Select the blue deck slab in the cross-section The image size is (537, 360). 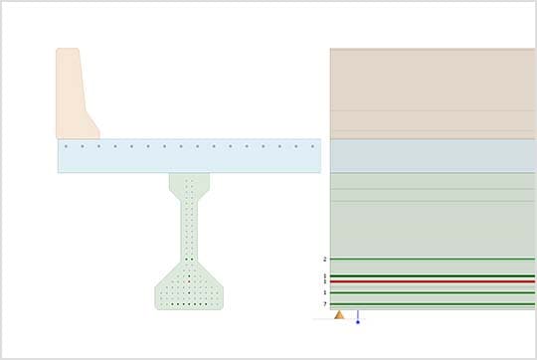[189, 159]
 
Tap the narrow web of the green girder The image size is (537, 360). [189, 229]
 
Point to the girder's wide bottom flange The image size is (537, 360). [189, 293]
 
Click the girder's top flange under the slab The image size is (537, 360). [189, 182]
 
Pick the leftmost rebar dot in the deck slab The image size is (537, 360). [66, 146]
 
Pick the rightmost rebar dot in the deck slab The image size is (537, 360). [312, 146]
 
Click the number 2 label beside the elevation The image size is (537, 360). [324, 259]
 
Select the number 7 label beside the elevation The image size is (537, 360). [324, 304]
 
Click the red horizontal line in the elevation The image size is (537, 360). [433, 281]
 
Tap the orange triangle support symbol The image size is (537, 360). [339, 315]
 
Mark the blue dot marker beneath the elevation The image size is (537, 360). [358, 321]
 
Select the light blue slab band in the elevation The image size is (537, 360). [433, 155]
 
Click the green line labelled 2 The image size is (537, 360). [433, 259]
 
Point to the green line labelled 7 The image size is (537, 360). [433, 304]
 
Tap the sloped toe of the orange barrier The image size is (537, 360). [90, 126]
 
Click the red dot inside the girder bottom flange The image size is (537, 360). [189, 281]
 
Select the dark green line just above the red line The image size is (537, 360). [433, 275]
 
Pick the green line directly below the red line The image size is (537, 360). [433, 292]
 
